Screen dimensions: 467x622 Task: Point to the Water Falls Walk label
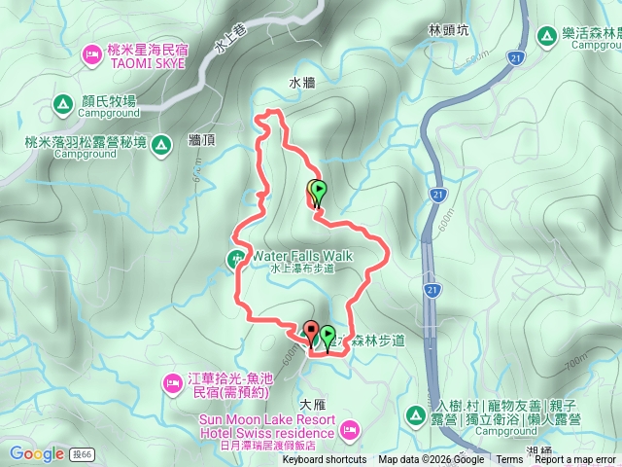[x=302, y=256]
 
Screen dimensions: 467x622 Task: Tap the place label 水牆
[x=302, y=84]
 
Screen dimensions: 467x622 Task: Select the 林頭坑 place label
[x=448, y=30]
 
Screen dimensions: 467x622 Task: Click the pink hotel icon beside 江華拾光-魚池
[x=172, y=379]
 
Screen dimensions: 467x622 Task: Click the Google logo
[x=36, y=453]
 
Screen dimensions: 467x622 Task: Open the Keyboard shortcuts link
[x=324, y=460]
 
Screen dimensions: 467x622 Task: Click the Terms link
[x=508, y=460]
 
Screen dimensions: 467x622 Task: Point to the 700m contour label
[x=576, y=362]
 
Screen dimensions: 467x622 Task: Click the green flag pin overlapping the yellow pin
[x=319, y=192]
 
